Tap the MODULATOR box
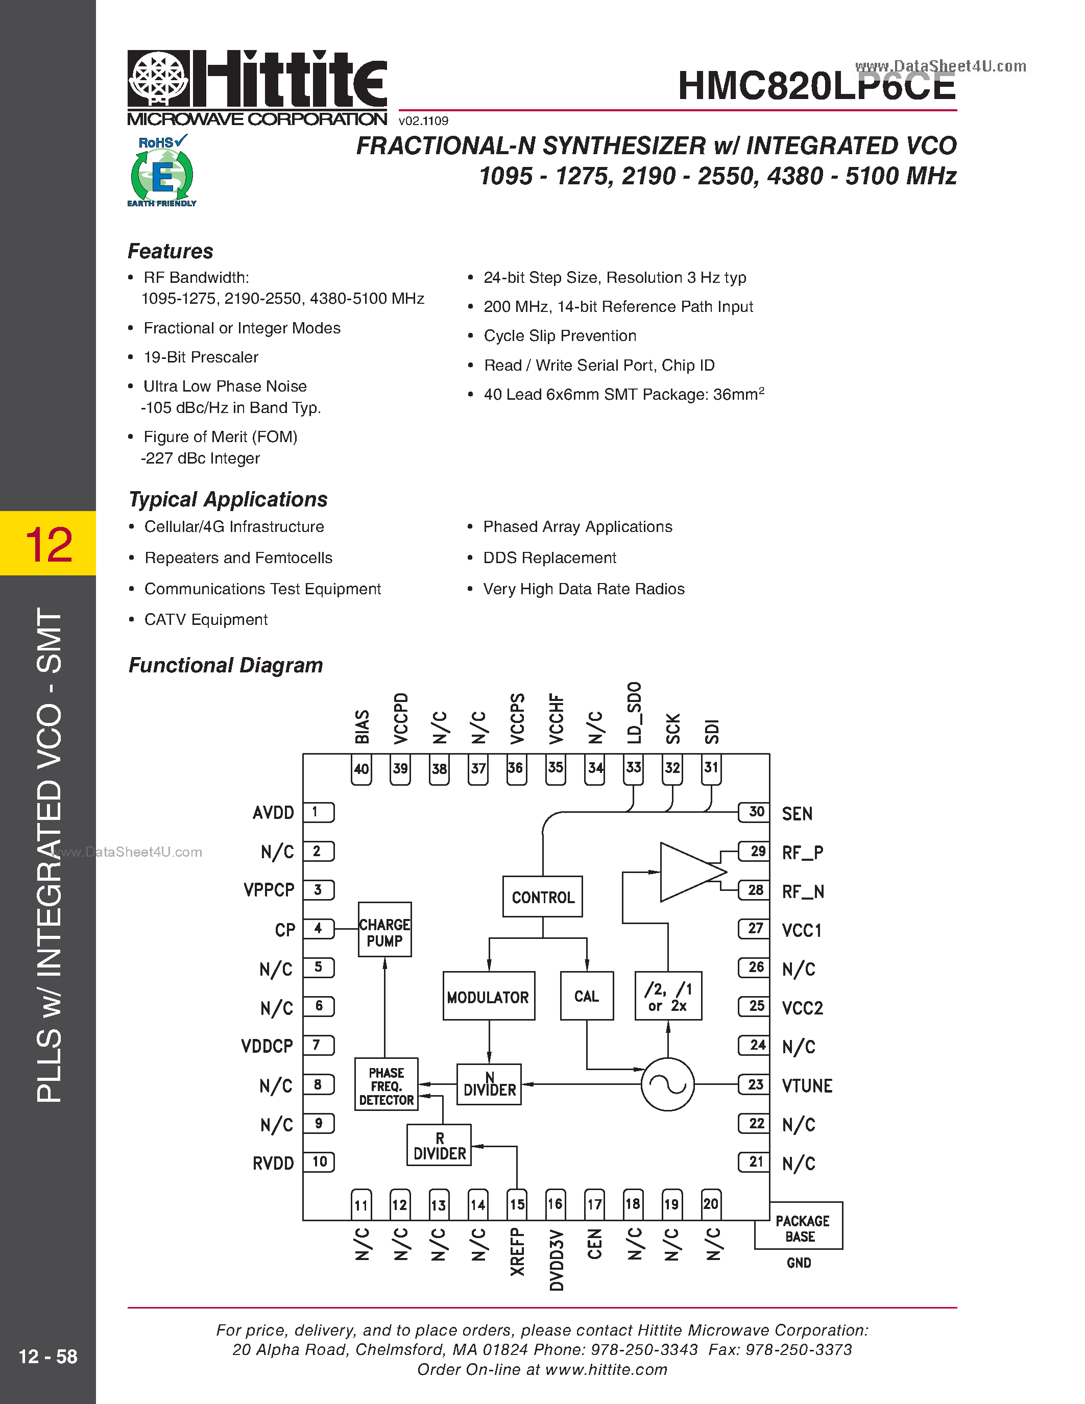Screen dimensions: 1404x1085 point(489,996)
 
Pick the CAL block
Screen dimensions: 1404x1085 point(586,996)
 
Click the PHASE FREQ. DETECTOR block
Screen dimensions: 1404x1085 point(387,1085)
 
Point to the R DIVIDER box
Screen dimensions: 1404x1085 point(439,1145)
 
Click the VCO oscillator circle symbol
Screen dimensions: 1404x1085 point(668,1084)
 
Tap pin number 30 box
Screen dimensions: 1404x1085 point(754,812)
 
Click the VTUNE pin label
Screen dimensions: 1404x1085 point(807,1086)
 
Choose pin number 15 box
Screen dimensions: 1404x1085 point(517,1204)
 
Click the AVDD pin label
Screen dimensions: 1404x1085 point(273,813)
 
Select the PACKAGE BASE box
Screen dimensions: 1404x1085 point(799,1228)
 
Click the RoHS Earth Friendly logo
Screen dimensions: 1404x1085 point(162,171)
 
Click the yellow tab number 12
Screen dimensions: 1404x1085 point(48,544)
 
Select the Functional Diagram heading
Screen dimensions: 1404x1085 point(226,665)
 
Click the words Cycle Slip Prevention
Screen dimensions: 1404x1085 point(560,335)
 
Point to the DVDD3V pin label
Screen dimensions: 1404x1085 point(557,1260)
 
